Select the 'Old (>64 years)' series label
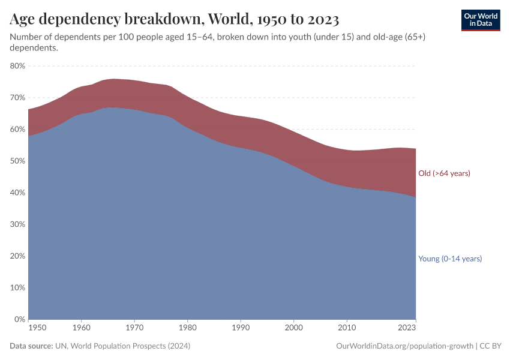click(444, 173)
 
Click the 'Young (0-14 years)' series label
click(450, 259)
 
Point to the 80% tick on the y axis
click(17, 66)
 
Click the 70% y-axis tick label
click(17, 97)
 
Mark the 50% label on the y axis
click(17, 161)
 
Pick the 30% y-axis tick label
click(17, 224)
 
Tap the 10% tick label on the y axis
click(17, 287)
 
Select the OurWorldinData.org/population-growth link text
click(404, 346)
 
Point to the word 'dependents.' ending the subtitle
click(34, 48)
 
